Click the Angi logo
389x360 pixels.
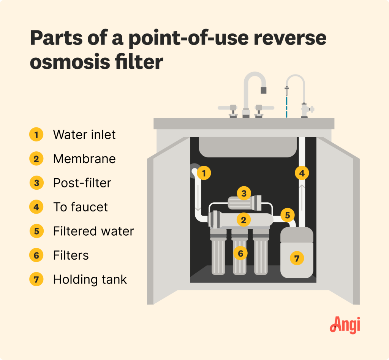pos(345,325)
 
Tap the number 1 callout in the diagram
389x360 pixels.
pos(204,173)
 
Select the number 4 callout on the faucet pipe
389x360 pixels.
pos(302,173)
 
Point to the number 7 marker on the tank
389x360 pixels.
pos(297,259)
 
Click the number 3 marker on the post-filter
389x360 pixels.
pos(244,193)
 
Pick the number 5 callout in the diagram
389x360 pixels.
pos(287,215)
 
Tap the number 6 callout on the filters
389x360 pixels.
pos(240,252)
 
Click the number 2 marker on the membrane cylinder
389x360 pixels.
pos(243,219)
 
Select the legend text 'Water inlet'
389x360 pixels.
pos(84,135)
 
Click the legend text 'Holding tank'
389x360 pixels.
pos(90,280)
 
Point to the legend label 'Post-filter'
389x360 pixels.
pos(82,183)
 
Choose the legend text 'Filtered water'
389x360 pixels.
pos(93,231)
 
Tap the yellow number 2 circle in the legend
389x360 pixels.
pos(36,159)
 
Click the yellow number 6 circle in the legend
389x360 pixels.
pos(36,255)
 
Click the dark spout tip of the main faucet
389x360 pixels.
pos(263,90)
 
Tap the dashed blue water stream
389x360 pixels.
pos(287,106)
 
